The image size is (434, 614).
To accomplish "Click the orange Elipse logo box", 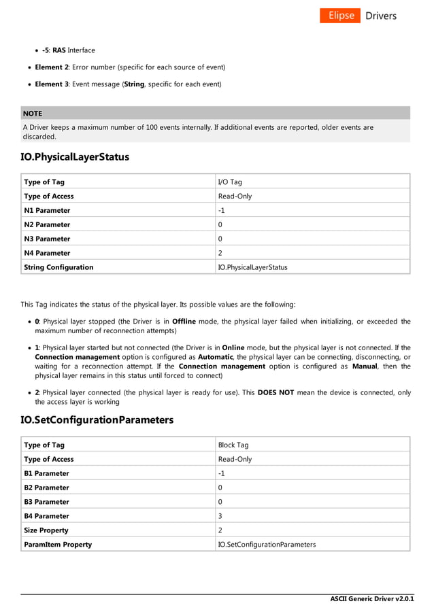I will (x=339, y=16).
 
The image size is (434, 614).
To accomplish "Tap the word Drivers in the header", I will (x=381, y=16).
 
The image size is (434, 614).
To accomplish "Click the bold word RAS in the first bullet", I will (x=59, y=50).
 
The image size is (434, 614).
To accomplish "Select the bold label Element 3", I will (x=52, y=84).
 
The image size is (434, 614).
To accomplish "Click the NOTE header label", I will (x=32, y=114).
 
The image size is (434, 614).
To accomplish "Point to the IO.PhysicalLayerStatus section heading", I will (x=75, y=157).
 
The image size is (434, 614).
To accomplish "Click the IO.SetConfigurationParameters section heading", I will (x=97, y=420).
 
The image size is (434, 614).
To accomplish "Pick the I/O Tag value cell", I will (x=229, y=182).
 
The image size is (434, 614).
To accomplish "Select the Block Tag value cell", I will (x=233, y=445).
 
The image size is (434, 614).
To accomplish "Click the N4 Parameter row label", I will (x=47, y=253).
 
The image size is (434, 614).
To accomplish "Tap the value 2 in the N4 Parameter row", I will (x=220, y=253).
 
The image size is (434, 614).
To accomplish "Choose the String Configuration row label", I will (x=59, y=267).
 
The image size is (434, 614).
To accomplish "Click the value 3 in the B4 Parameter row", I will (x=220, y=516).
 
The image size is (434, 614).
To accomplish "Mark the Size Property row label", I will (x=46, y=530).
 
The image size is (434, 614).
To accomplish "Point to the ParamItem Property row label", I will (x=58, y=545).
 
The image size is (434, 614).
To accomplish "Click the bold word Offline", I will (x=184, y=322).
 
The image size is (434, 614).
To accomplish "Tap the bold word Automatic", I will (x=216, y=357).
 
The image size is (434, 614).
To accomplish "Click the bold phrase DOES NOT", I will (x=276, y=392).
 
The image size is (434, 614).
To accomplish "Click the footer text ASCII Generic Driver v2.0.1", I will (x=372, y=599).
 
